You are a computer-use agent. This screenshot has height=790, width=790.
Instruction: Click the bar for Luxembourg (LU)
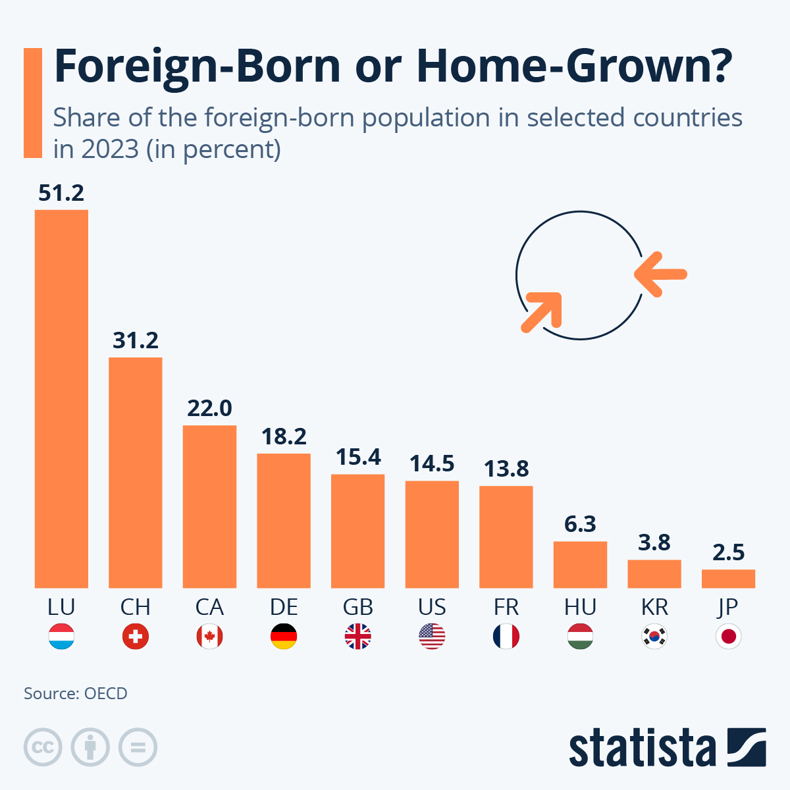(61, 398)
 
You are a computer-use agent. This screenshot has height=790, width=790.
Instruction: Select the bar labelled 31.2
(136, 472)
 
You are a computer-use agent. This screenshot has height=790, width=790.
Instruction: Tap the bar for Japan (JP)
(728, 578)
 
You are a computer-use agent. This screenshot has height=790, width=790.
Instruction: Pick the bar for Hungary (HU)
(580, 564)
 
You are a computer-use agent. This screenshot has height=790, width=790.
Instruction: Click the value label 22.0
(209, 408)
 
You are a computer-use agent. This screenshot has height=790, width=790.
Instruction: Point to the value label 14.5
(432, 463)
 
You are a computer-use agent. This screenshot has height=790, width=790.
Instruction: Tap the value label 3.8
(654, 542)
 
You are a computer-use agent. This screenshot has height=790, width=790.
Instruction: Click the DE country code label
(284, 606)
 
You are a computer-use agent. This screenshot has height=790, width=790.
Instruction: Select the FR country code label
(506, 606)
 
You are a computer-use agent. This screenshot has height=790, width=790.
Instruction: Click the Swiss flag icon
(136, 637)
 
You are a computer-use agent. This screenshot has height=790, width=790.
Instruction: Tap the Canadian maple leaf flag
(209, 637)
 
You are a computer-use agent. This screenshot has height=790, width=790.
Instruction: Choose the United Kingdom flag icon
(358, 637)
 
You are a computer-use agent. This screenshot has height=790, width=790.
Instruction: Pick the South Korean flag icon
(654, 637)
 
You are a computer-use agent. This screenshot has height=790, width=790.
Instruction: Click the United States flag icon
(432, 637)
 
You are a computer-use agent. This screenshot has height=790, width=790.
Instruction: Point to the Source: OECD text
(76, 693)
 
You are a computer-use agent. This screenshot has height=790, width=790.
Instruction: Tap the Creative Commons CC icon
(43, 747)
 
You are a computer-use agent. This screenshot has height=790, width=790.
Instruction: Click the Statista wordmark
(642, 748)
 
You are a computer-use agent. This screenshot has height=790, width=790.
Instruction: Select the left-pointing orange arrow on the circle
(661, 274)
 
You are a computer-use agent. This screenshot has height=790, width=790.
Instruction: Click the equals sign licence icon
(138, 747)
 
